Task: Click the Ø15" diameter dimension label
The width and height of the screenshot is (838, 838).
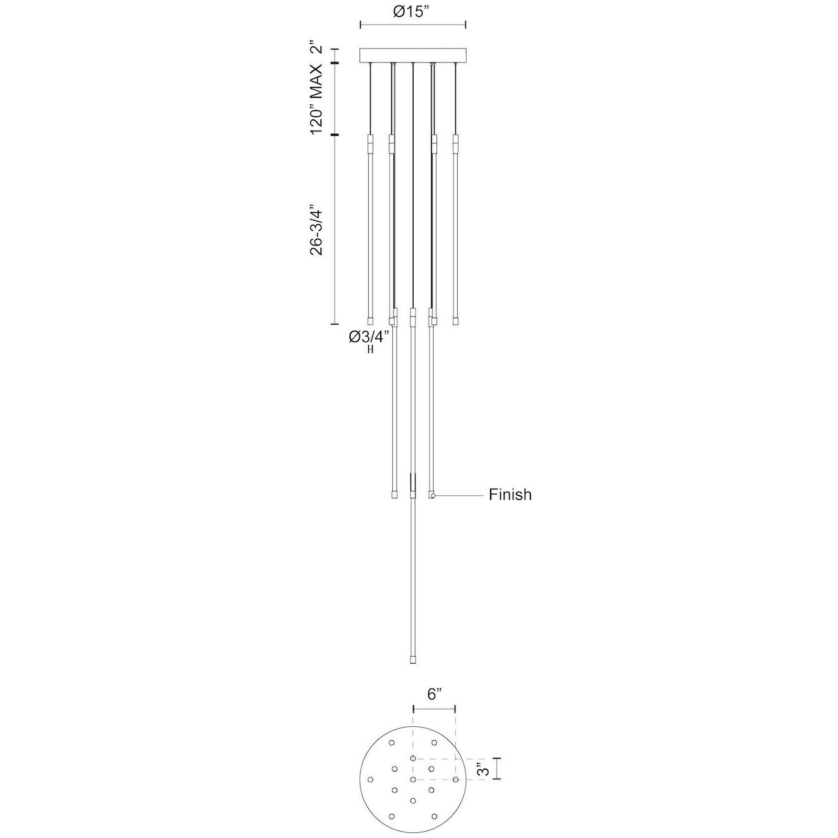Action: pyautogui.click(x=412, y=11)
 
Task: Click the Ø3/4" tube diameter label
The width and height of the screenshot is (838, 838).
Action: pyautogui.click(x=369, y=337)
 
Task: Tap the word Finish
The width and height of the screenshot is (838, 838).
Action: pyautogui.click(x=510, y=494)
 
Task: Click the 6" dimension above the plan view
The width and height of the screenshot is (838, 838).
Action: pyautogui.click(x=433, y=695)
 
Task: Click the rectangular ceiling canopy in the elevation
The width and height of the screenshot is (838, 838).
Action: pyautogui.click(x=412, y=56)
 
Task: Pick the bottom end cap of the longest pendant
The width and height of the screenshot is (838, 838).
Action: pyautogui.click(x=413, y=659)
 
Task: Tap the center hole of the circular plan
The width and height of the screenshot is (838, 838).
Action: pyautogui.click(x=413, y=780)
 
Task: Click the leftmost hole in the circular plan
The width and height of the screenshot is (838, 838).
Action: pyautogui.click(x=371, y=779)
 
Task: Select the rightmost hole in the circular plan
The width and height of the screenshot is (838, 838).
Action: pyautogui.click(x=455, y=779)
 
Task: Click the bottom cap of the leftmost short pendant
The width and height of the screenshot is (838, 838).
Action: pyautogui.click(x=371, y=320)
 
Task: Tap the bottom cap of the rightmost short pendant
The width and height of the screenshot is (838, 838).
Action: pyautogui.click(x=455, y=320)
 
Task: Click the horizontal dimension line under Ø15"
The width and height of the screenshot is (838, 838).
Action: pyautogui.click(x=412, y=25)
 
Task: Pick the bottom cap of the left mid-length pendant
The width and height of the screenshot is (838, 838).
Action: pyautogui.click(x=393, y=494)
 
